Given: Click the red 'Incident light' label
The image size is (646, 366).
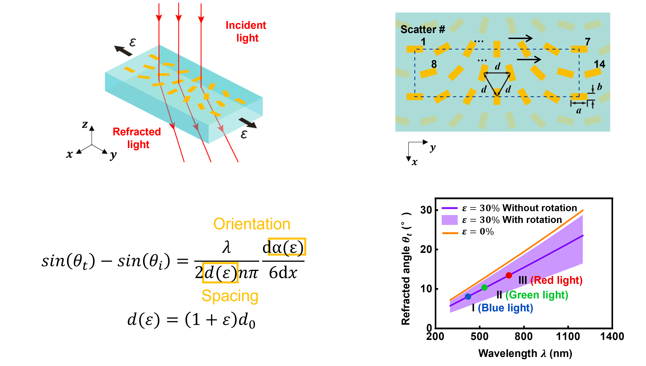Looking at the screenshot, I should coord(246,32).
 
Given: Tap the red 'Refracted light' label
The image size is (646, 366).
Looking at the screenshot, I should coord(137,138).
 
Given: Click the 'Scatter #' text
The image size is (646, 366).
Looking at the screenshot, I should coord(423,29).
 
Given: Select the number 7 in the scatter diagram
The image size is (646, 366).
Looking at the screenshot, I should coord(588,42).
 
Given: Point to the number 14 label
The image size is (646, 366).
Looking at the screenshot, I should coord(599,64).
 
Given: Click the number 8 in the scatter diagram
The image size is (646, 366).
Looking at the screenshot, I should coord(434,64).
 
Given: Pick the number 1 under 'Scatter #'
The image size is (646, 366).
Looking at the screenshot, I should coord(423,42).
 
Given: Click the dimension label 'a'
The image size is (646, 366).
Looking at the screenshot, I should coord(579,111).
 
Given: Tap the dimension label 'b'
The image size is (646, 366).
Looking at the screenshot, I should coord(600,87).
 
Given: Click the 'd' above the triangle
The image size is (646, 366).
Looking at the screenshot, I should coord(497,67).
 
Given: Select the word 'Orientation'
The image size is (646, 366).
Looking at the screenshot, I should coord(252,224).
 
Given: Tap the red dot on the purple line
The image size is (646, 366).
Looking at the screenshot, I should coord(509,275).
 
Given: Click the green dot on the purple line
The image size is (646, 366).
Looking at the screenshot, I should coord(484,287).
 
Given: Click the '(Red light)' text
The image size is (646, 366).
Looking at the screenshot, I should coord(556,280).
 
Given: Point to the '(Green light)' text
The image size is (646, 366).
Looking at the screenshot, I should coord(537,295).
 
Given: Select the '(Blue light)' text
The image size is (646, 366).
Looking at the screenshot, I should coord(506,308).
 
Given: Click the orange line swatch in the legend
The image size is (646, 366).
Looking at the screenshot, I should coord(450,233).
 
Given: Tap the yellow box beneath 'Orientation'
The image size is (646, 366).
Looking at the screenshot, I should coord(287,247).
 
